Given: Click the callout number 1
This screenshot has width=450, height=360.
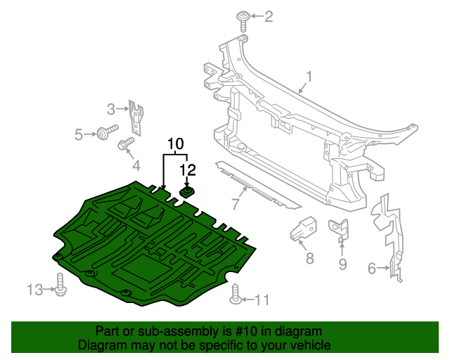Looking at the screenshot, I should pyautogui.click(x=309, y=75).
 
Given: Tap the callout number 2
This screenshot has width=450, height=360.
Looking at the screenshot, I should pyautogui.click(x=268, y=16).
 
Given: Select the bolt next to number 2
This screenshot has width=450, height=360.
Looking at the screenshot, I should pyautogui.click(x=243, y=18).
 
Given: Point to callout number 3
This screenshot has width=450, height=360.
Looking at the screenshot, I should pyautogui.click(x=111, y=109).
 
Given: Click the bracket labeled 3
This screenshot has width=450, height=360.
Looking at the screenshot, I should pyautogui.click(x=138, y=117).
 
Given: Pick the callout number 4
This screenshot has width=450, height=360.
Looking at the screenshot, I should pyautogui.click(x=136, y=166).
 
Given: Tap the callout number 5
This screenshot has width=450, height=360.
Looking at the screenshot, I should pyautogui.click(x=79, y=133).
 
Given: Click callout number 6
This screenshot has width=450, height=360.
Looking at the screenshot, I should pyautogui.click(x=372, y=267).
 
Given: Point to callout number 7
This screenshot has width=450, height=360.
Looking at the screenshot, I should pyautogui.click(x=236, y=205).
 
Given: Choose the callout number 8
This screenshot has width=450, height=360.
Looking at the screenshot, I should pyautogui.click(x=309, y=258).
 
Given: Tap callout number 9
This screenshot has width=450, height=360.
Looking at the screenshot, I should pyautogui.click(x=343, y=264).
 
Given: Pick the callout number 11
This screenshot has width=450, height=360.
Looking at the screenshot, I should pyautogui.click(x=262, y=300).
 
